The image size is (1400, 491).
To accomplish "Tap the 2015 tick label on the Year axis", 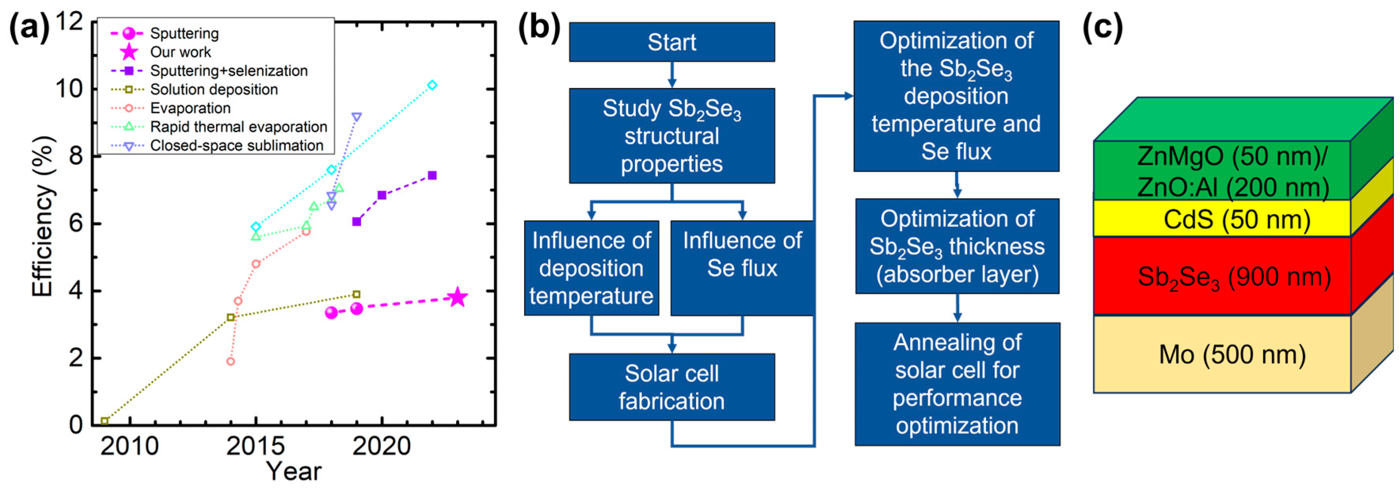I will (x=255, y=446).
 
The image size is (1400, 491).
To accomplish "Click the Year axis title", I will (x=293, y=471).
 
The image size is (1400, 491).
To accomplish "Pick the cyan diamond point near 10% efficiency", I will (x=432, y=85).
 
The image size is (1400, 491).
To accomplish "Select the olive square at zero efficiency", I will (x=105, y=421).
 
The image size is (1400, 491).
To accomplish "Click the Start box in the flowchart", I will (x=672, y=42).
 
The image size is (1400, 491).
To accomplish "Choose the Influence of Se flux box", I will (x=742, y=267).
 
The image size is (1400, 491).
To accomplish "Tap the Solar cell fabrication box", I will (x=672, y=387).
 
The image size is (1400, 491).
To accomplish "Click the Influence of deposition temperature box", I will (x=591, y=267).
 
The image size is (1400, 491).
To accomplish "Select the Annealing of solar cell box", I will (x=957, y=384).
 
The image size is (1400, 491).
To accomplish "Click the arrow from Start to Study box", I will (x=672, y=75).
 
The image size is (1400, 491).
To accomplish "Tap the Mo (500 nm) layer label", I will (x=1231, y=355).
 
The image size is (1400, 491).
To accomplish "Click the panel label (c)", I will (x=1103, y=27).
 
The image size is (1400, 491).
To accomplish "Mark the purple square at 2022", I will (x=432, y=175).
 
